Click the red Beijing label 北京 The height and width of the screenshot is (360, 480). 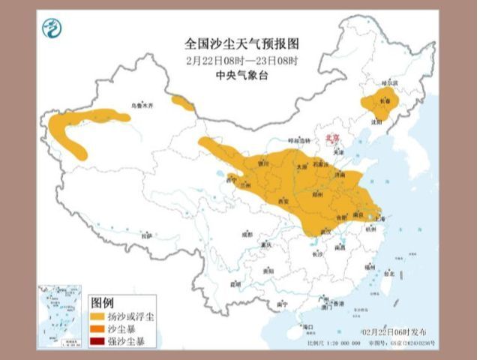click(x=331, y=138)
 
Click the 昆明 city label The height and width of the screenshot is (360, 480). click(x=236, y=283)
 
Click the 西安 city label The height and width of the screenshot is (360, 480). click(x=283, y=202)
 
